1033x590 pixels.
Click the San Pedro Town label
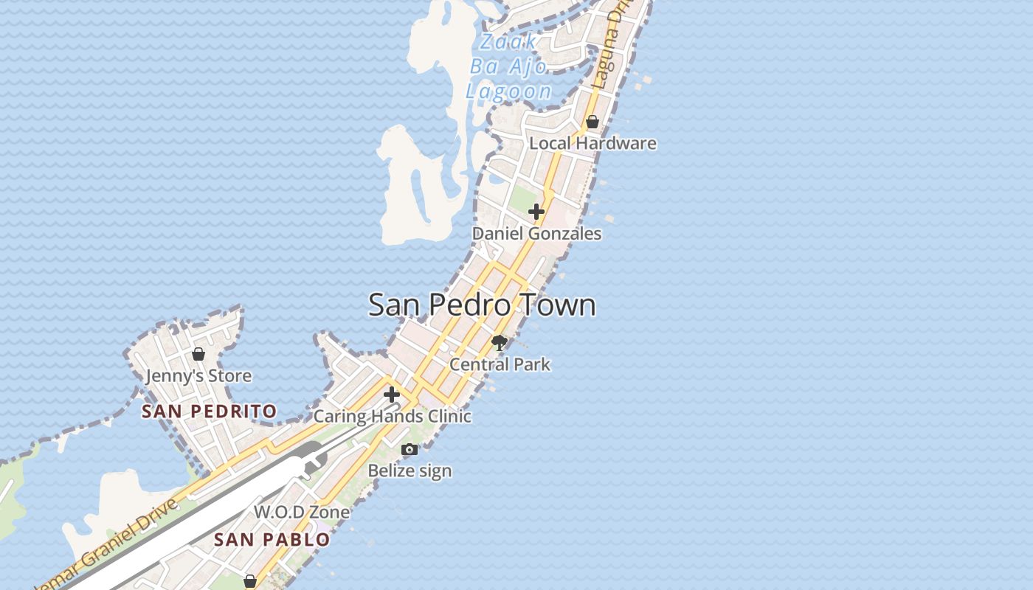coord(482,305)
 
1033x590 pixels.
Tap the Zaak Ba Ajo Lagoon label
coord(509,67)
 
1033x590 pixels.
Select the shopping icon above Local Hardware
coord(592,122)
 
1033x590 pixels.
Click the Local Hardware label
coord(592,143)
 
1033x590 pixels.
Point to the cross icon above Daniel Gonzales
coord(536,212)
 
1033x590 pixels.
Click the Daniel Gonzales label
coord(536,234)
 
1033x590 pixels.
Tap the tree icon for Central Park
coord(500,342)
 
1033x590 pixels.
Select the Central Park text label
coord(500,364)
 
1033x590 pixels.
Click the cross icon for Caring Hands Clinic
coord(392,395)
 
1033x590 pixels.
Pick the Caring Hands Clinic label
coord(392,417)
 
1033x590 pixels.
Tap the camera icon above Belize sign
coord(410,449)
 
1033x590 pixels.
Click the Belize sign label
coord(410,471)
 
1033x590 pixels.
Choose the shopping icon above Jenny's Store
coord(198,355)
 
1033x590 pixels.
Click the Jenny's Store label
coord(198,376)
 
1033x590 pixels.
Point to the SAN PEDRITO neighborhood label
coord(209,412)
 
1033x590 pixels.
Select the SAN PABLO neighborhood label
coord(272,540)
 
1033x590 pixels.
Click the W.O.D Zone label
coord(301,512)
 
